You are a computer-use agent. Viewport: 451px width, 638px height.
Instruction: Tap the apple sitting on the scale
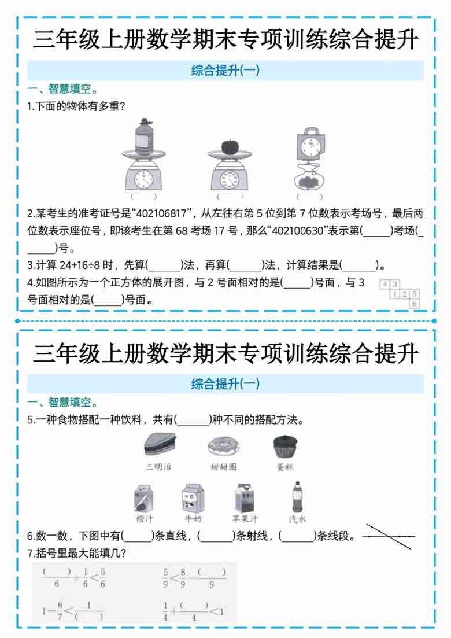pyautogui.click(x=230, y=145)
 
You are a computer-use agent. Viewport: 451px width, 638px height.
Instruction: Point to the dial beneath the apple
pyautogui.click(x=230, y=178)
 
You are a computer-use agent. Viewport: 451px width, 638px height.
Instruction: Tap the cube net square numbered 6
pyautogui.click(x=415, y=303)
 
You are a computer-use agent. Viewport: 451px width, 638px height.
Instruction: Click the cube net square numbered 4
pyautogui.click(x=385, y=284)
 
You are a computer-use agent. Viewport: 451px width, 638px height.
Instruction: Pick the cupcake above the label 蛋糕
pyautogui.click(x=285, y=447)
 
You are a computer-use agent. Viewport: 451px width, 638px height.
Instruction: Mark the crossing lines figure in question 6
pyautogui.click(x=389, y=537)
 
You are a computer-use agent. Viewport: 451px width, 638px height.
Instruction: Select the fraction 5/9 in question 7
pyautogui.click(x=165, y=578)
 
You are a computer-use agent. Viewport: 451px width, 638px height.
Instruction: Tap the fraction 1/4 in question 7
pyautogui.click(x=165, y=611)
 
